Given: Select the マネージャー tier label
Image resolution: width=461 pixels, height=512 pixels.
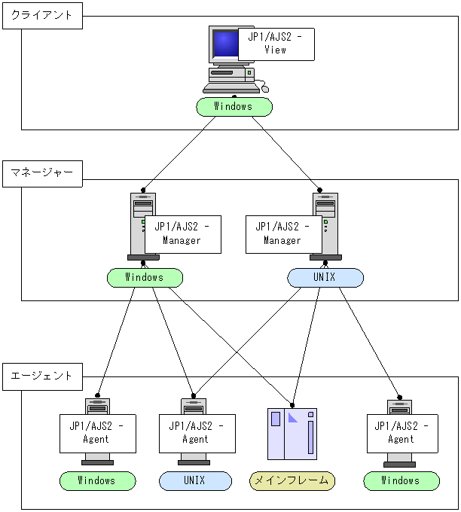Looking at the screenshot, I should [42, 172].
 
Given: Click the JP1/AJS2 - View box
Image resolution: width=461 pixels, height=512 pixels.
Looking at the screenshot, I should [276, 44].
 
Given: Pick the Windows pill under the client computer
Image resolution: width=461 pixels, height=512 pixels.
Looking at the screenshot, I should [234, 107].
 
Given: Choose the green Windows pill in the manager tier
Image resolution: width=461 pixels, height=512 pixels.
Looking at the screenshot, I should [145, 278].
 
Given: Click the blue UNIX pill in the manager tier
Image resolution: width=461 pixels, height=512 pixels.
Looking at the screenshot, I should [325, 278].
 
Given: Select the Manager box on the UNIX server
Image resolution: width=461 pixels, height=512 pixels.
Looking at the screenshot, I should [283, 233].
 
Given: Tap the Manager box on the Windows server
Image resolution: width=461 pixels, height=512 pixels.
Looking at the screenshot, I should [182, 233].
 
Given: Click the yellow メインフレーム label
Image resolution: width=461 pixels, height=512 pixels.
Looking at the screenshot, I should [292, 480].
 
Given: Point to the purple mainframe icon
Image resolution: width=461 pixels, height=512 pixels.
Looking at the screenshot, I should [293, 434].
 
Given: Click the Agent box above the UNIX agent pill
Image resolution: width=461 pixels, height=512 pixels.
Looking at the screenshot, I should [196, 433].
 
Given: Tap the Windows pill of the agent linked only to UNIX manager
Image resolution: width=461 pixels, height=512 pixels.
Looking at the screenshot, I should [401, 480].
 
